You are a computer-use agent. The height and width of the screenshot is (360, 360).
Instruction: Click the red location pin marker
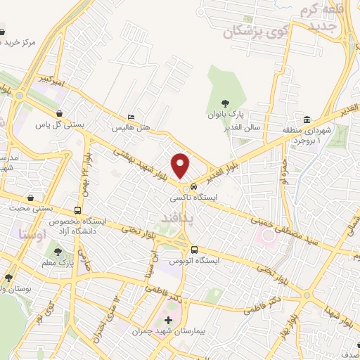point(181,165)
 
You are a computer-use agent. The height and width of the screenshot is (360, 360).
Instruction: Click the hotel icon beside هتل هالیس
point(132,117)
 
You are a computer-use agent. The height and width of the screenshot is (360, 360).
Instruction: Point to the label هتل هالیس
point(132,129)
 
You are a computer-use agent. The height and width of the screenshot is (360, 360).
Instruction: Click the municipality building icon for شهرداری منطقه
point(307,120)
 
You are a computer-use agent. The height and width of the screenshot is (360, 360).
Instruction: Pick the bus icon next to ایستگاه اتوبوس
point(195,250)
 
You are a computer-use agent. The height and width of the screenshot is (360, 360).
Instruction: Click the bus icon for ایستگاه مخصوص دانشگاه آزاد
point(77,210)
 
